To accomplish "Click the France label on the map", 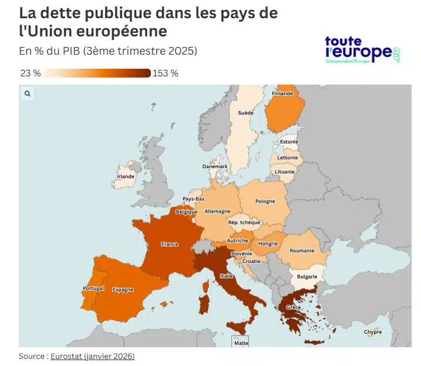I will click(169, 244).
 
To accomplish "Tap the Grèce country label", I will click(294, 307).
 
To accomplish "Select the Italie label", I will click(226, 276).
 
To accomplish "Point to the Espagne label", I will click(123, 289).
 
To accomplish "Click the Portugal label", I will click(93, 288).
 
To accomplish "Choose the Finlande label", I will click(282, 93).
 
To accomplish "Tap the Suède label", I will click(245, 112).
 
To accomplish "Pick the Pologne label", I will click(265, 202).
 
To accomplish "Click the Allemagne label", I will click(217, 211).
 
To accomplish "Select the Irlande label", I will click(126, 176).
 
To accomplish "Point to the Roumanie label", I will click(302, 251).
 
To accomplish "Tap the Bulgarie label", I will click(307, 276).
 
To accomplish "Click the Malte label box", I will click(241, 343).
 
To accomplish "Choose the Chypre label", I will click(372, 332).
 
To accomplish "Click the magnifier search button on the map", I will click(27, 93).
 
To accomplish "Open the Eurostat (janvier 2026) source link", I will click(92, 356).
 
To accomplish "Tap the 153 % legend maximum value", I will click(166, 73).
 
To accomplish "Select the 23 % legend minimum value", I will click(30, 73).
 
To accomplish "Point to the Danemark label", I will click(214, 166).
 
